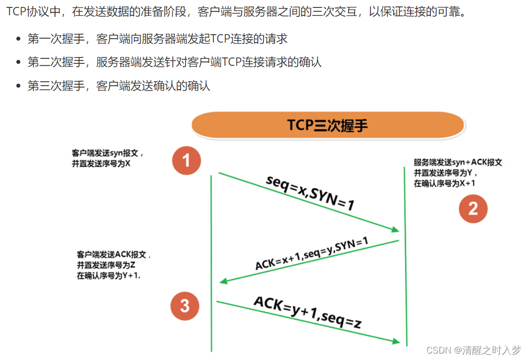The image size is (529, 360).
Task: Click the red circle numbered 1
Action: click(x=187, y=160)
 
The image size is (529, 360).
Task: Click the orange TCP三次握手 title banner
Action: click(x=327, y=125)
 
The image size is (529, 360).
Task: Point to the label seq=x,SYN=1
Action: click(x=310, y=192)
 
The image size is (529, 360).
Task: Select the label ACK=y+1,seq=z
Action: click(x=307, y=312)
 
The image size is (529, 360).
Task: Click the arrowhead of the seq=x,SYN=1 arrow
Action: click(x=395, y=229)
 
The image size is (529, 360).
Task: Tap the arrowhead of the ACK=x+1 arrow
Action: click(x=223, y=281)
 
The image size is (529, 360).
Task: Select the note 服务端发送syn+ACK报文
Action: click(x=458, y=162)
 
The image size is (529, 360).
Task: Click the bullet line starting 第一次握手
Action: click(x=158, y=39)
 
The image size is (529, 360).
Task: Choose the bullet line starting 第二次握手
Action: click(x=174, y=62)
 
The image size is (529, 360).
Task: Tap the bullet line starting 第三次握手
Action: click(x=119, y=86)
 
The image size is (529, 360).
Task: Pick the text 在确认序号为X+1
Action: click(x=445, y=183)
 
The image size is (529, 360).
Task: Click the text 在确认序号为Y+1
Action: click(x=108, y=276)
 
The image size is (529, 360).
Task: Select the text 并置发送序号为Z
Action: click(x=106, y=265)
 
